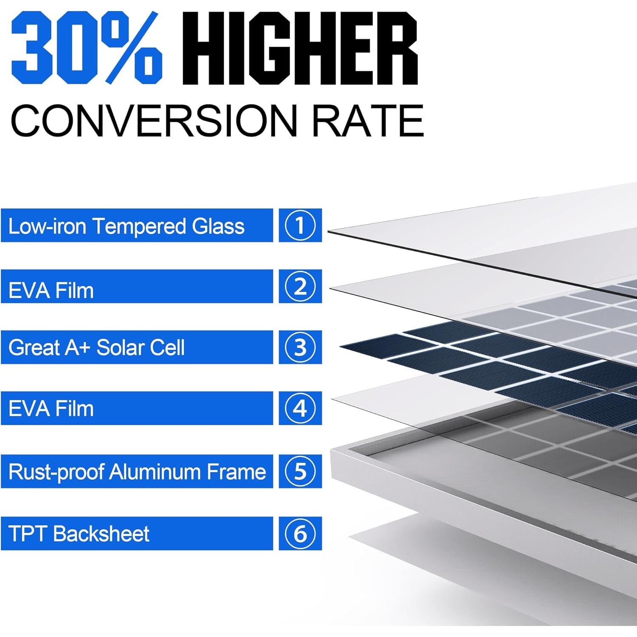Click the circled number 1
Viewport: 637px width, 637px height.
pyautogui.click(x=300, y=225)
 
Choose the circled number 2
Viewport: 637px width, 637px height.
pyautogui.click(x=300, y=286)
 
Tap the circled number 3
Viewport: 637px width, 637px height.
pyautogui.click(x=300, y=347)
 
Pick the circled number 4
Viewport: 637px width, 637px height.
pyautogui.click(x=300, y=408)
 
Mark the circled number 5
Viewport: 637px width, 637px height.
pyautogui.click(x=300, y=471)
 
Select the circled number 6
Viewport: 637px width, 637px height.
pyautogui.click(x=300, y=533)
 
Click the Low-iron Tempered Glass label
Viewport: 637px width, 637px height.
pyautogui.click(x=127, y=226)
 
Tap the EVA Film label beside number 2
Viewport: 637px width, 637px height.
pyautogui.click(x=51, y=290)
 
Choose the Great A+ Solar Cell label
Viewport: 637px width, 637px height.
pyautogui.click(x=96, y=348)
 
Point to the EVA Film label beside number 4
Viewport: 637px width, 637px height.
pyautogui.click(x=51, y=409)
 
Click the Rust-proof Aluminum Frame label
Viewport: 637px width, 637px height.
pyautogui.click(x=137, y=471)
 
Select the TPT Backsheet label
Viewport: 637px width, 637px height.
pyautogui.click(x=79, y=534)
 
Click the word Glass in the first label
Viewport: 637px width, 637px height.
pyautogui.click(x=218, y=226)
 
